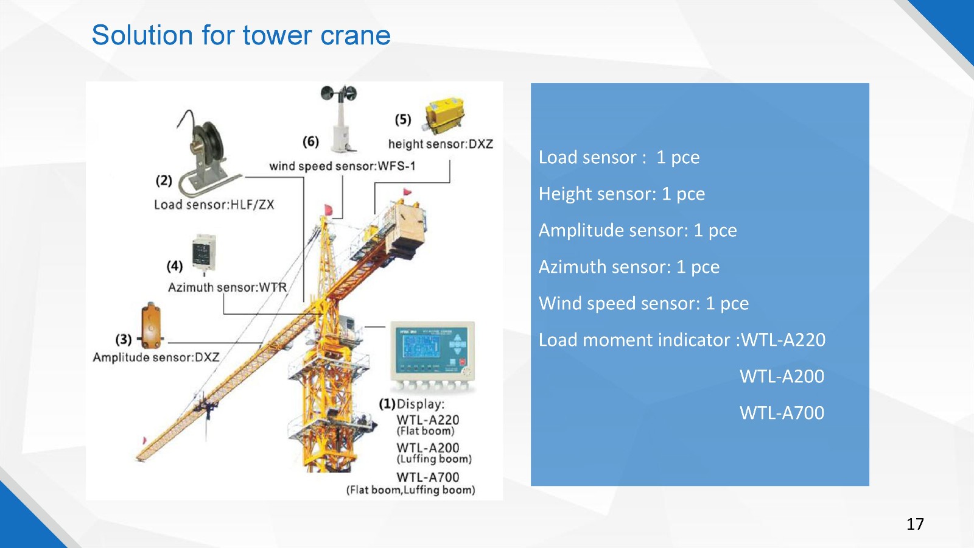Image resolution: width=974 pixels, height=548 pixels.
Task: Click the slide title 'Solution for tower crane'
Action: coord(241,35)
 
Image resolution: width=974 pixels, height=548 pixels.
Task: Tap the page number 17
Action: coord(916,524)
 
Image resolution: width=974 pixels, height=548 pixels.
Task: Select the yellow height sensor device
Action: coord(444,114)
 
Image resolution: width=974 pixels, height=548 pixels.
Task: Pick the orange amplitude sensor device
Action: coord(151,326)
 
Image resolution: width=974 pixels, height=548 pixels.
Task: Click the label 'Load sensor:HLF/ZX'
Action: coord(214,205)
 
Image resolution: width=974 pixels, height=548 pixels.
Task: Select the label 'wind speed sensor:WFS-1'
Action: coord(342,166)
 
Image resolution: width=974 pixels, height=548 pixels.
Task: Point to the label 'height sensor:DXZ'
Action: coord(441,144)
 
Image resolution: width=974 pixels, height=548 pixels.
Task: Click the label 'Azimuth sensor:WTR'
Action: coord(228,287)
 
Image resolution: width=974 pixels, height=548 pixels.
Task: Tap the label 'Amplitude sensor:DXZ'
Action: coord(156,357)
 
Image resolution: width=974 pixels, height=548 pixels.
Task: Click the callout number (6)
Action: coord(311,141)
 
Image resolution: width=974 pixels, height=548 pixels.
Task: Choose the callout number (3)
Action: coord(124,339)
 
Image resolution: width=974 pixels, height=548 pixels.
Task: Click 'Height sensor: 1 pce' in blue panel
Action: coord(622,194)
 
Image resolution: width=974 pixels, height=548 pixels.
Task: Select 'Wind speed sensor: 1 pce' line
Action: coord(643,304)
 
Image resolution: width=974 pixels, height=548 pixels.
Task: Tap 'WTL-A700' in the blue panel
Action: coord(782,413)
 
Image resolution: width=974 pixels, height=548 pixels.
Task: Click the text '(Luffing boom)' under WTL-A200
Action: coord(434,459)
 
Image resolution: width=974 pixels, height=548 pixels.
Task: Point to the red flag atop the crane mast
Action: coord(328,209)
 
